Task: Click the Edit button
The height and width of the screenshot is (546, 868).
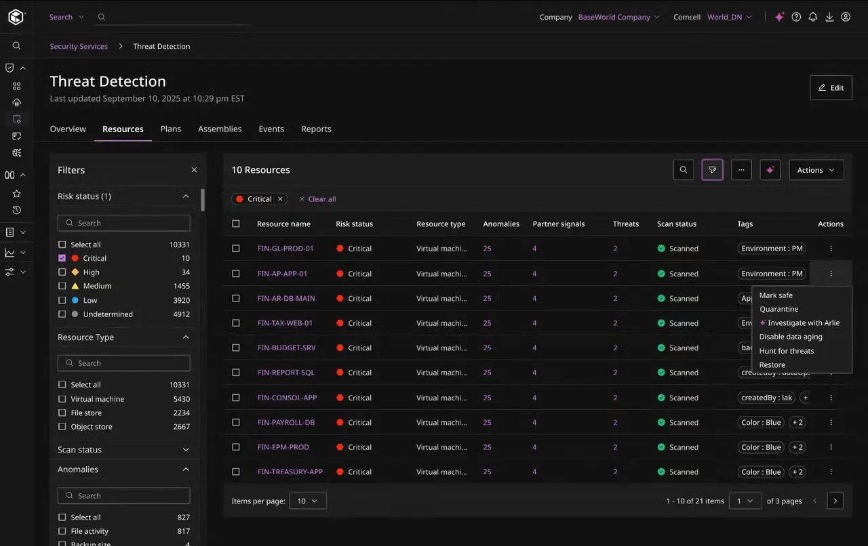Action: pyautogui.click(x=831, y=87)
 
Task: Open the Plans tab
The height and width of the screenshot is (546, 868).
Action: pyautogui.click(x=170, y=129)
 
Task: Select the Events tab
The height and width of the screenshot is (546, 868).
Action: pyautogui.click(x=271, y=129)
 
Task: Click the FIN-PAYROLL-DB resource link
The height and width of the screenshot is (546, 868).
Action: pyautogui.click(x=286, y=422)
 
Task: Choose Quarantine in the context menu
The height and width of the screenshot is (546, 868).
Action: pyautogui.click(x=778, y=309)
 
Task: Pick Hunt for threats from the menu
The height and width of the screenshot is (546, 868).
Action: pyautogui.click(x=786, y=351)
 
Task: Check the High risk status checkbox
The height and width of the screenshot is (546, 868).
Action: pyautogui.click(x=62, y=272)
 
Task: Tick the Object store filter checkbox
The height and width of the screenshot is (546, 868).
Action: pyautogui.click(x=62, y=426)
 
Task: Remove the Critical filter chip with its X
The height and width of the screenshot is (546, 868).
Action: pyautogui.click(x=280, y=199)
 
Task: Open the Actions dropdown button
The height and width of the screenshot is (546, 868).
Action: pyautogui.click(x=816, y=170)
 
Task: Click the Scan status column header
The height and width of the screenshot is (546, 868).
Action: pyautogui.click(x=677, y=224)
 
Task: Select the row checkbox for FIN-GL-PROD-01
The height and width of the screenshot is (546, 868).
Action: pyautogui.click(x=235, y=248)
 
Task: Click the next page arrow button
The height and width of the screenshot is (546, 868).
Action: pyautogui.click(x=835, y=501)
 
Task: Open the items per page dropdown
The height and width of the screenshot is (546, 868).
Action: pyautogui.click(x=308, y=501)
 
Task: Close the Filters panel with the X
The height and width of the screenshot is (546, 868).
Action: pyautogui.click(x=194, y=170)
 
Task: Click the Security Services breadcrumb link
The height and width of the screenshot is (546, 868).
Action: pyautogui.click(x=79, y=46)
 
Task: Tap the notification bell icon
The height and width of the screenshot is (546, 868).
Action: pyautogui.click(x=813, y=17)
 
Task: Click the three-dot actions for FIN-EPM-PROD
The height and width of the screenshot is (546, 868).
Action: pyautogui.click(x=831, y=447)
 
